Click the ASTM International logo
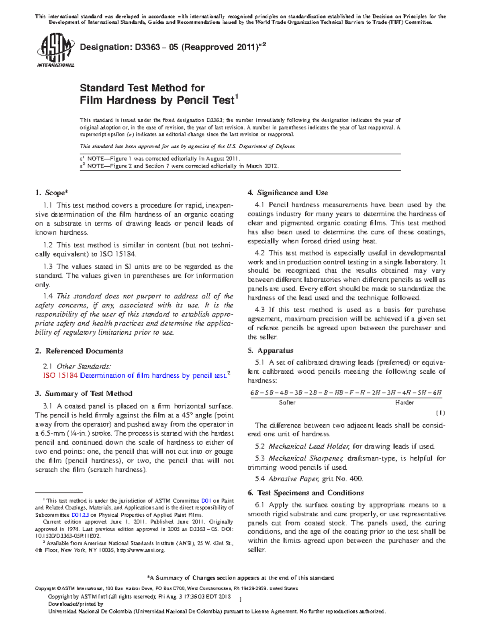[55, 50]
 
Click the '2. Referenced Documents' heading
[79, 351]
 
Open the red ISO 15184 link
[60, 376]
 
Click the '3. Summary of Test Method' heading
[84, 394]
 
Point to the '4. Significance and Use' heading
[288, 193]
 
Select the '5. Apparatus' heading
[270, 351]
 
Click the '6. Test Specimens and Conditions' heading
[306, 493]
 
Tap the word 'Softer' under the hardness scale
[287, 403]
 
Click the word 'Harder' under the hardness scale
[404, 403]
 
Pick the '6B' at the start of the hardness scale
[254, 393]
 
